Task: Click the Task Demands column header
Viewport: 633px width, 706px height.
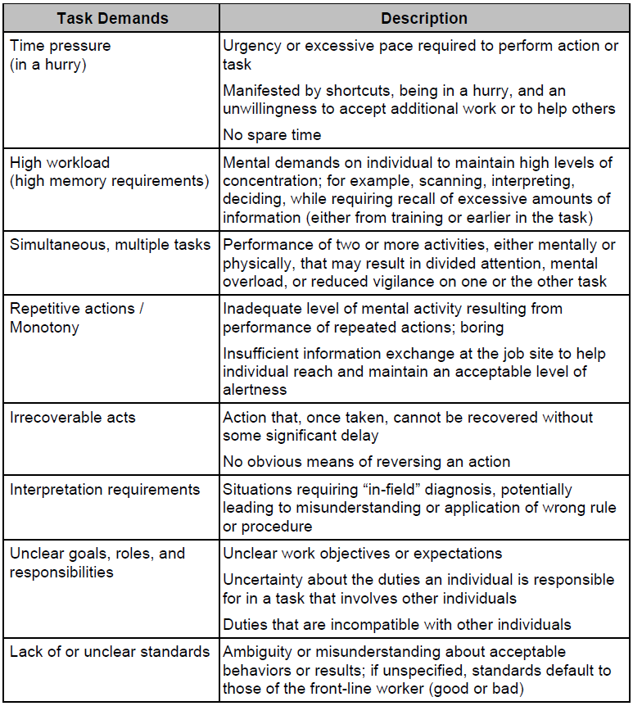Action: tap(112, 18)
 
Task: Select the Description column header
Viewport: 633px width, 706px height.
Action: tap(424, 18)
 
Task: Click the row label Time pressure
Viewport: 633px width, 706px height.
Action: tap(60, 46)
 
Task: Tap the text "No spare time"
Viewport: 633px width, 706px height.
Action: tap(272, 134)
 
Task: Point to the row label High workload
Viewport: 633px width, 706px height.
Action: tap(60, 162)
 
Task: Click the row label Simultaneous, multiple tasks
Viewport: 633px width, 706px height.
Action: tap(110, 244)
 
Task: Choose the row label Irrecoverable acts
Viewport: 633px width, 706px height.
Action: tap(73, 417)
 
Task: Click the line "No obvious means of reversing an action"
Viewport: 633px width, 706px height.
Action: tap(366, 461)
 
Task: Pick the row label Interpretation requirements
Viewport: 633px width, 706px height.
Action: tap(105, 490)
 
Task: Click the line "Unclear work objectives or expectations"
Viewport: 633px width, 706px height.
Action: tap(362, 554)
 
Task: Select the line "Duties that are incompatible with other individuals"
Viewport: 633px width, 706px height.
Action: tap(397, 624)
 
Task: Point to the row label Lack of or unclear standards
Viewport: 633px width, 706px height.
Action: tap(110, 652)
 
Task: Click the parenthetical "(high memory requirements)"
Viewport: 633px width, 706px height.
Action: tap(109, 180)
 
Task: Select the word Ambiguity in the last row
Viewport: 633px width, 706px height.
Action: tap(255, 652)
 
